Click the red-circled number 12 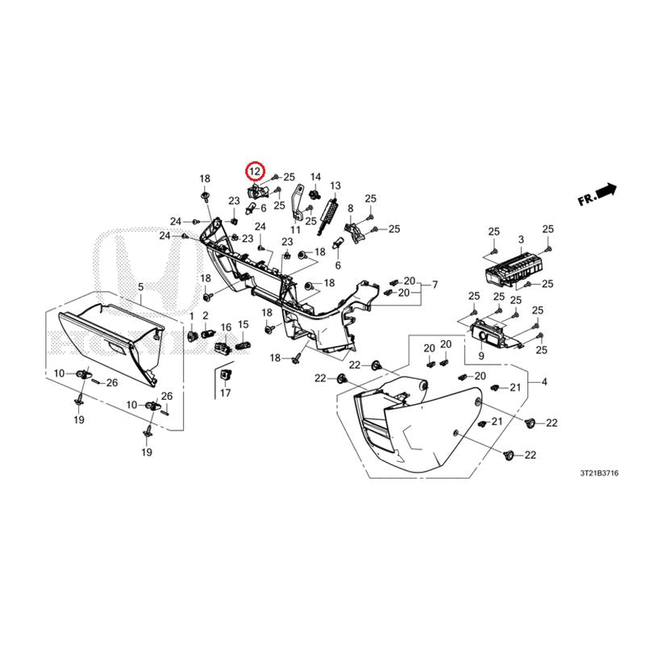(255, 171)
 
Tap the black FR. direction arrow (606, 191)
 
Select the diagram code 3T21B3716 (599, 473)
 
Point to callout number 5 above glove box (140, 287)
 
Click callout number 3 (521, 239)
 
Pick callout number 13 (335, 186)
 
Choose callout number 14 (315, 177)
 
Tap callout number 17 (226, 393)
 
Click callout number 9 (481, 356)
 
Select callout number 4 (544, 381)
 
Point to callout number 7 (435, 285)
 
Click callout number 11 (295, 229)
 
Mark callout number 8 (351, 209)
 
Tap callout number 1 (191, 316)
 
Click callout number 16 (226, 327)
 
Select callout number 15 (243, 325)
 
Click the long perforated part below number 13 (328, 216)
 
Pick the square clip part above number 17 (226, 375)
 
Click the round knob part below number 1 (193, 336)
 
